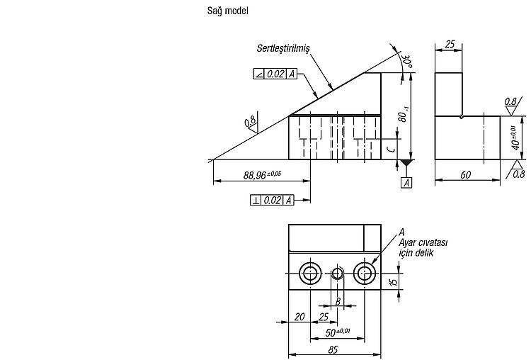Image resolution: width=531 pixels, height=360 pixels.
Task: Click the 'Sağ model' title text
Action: click(x=227, y=11)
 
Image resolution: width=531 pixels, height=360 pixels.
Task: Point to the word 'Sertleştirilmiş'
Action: click(x=283, y=48)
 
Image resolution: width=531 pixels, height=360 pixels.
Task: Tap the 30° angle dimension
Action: click(x=406, y=61)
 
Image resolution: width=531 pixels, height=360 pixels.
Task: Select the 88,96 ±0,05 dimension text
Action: click(x=262, y=175)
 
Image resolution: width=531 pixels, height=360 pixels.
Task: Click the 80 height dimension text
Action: click(x=403, y=114)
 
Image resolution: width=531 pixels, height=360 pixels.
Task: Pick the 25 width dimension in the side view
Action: click(x=450, y=45)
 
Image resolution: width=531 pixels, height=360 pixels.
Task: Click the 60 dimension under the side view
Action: click(x=465, y=174)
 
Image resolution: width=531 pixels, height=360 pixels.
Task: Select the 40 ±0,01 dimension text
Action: click(x=515, y=137)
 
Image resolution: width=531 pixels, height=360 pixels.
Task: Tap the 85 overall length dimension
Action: click(x=333, y=349)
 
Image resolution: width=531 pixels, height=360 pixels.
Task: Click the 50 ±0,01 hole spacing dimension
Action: click(x=337, y=332)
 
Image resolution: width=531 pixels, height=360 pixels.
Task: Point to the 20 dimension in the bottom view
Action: click(x=299, y=317)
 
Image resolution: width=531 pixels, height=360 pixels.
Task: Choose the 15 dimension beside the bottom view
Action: click(x=394, y=282)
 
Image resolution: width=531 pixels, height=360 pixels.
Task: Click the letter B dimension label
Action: click(x=338, y=301)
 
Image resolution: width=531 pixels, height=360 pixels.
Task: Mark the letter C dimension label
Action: click(x=391, y=149)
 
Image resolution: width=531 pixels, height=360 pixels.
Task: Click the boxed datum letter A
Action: click(x=406, y=183)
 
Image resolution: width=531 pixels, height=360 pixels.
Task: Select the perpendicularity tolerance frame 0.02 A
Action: click(x=272, y=201)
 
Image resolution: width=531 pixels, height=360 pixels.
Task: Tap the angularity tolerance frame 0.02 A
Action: click(x=275, y=74)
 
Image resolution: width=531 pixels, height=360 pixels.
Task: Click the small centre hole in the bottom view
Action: click(x=337, y=273)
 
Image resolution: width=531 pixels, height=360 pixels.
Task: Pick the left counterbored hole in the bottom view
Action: click(x=311, y=273)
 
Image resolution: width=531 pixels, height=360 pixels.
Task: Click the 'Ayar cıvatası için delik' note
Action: click(x=423, y=242)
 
